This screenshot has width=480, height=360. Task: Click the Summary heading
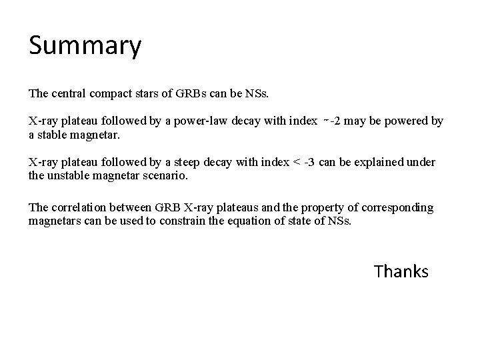85,46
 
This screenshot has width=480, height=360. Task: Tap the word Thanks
401,271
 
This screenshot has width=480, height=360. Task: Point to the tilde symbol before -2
325,119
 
